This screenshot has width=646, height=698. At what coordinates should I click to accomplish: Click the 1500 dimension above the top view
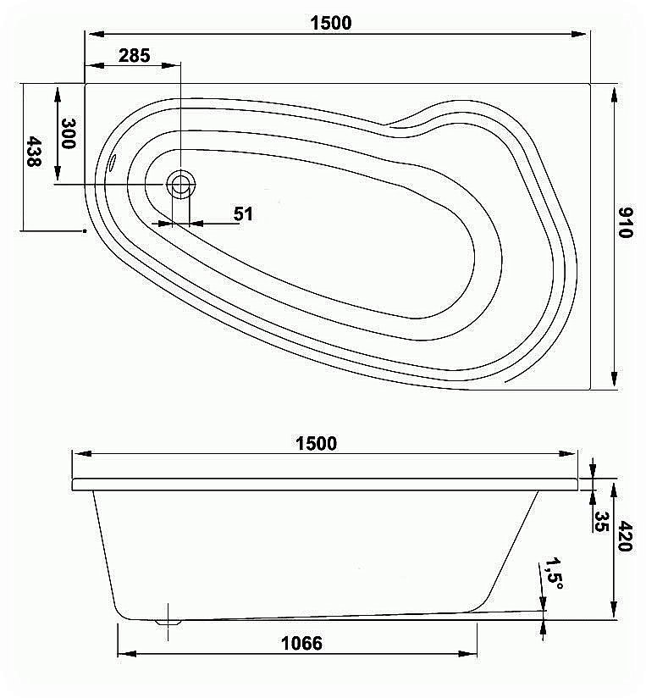click(x=330, y=23)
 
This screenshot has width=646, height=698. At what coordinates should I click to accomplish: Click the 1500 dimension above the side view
click(x=316, y=444)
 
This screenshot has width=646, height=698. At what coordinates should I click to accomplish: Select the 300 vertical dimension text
click(x=69, y=133)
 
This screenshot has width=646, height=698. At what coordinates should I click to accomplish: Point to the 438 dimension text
click(x=33, y=151)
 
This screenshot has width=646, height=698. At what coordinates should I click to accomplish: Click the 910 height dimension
click(x=627, y=222)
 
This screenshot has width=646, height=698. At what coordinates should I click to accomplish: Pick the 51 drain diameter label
click(x=244, y=213)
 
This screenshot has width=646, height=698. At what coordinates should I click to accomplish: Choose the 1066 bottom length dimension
click(x=301, y=643)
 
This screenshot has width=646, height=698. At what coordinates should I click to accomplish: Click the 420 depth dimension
click(x=626, y=535)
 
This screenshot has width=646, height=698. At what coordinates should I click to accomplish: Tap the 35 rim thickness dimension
click(x=602, y=521)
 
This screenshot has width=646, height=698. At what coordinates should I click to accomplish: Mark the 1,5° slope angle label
click(x=555, y=573)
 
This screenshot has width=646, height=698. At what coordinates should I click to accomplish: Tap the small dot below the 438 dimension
click(x=85, y=230)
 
